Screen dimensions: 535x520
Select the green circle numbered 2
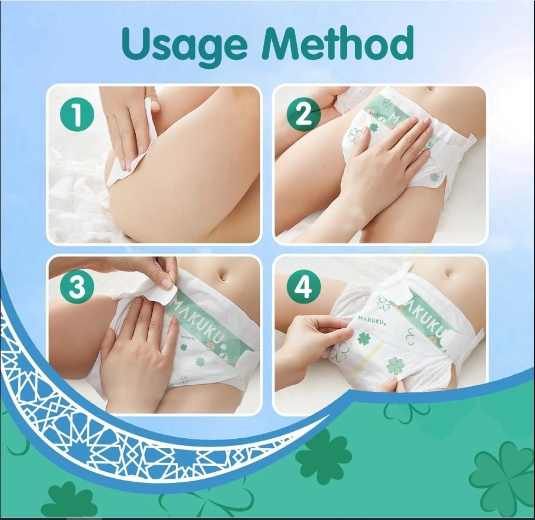(x=303, y=114)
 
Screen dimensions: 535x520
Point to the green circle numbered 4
(x=303, y=287)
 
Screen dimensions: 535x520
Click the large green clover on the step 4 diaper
(x=396, y=366)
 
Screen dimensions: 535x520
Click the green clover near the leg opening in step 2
(x=434, y=177)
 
